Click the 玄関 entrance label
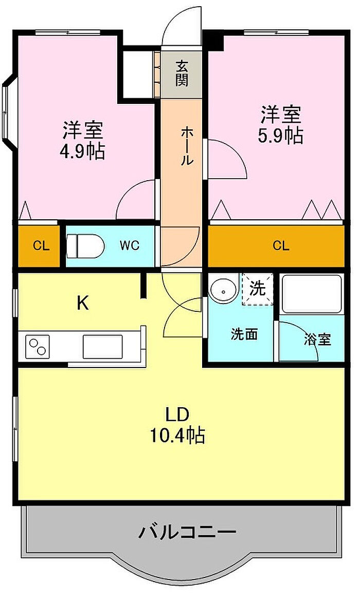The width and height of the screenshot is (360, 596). click(x=182, y=74)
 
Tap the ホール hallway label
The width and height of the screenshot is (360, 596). click(x=186, y=146)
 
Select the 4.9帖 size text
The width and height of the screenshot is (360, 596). click(x=82, y=152)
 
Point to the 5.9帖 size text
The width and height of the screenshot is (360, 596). click(x=281, y=135)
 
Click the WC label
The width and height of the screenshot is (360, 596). click(x=130, y=246)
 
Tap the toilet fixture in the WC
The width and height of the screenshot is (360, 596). click(x=86, y=246)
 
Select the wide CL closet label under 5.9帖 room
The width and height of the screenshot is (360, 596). click(x=281, y=246)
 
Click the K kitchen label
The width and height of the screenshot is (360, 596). click(x=83, y=303)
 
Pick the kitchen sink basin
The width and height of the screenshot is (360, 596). click(x=102, y=346)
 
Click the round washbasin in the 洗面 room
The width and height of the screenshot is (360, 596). click(x=223, y=291)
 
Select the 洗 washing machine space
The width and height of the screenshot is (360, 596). click(x=258, y=289)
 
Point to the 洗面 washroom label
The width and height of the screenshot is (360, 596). click(x=244, y=334)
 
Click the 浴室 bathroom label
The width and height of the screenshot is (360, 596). click(x=317, y=339)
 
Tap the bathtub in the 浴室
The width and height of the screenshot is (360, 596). click(x=311, y=293)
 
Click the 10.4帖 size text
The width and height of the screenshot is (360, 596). click(x=178, y=435)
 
